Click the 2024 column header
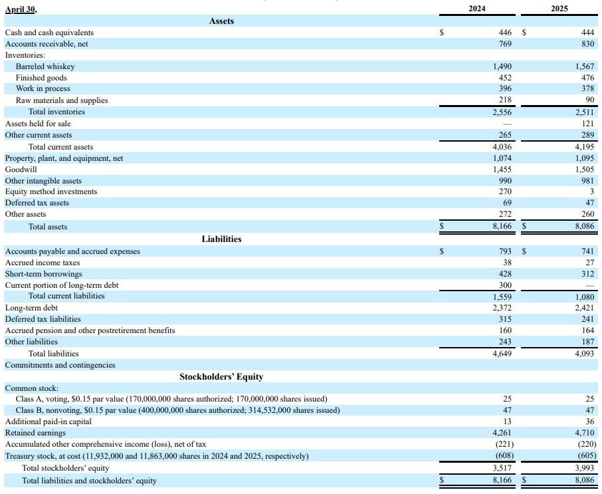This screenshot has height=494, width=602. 477,9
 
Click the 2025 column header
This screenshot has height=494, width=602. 559,9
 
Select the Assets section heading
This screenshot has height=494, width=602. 221,21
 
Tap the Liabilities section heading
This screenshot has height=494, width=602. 221,239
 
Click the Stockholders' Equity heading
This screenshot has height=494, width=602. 221,376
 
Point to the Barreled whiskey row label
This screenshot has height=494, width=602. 45,66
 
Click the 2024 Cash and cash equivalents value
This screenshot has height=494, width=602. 505,33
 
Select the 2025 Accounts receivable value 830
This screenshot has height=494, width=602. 588,44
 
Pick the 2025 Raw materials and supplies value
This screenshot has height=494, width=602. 590,100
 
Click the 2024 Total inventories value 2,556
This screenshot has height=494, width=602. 502,112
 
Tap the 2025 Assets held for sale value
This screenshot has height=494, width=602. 588,124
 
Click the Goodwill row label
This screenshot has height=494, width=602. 21,170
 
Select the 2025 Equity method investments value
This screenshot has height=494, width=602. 592,191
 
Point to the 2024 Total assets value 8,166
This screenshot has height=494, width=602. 502,226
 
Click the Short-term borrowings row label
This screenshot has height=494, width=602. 43,274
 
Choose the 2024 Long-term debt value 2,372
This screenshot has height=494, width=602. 502,308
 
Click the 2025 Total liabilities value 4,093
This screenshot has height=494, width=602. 584,354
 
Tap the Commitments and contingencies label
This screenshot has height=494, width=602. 60,365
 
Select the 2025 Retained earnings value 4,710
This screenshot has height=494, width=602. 584,433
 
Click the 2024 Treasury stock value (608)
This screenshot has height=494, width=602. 504,456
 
